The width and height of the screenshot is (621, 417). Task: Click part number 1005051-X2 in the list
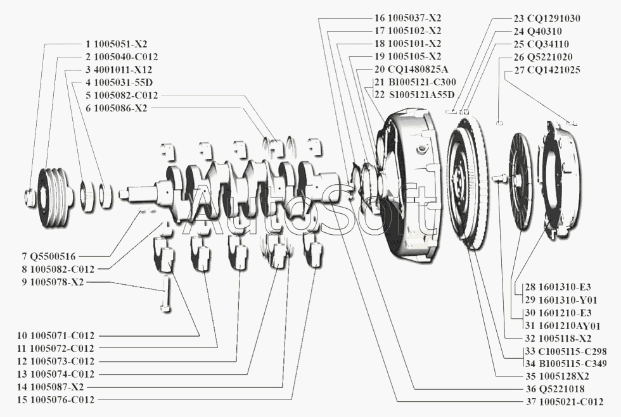(x=120, y=44)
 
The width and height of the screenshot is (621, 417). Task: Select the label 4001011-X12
(x=123, y=70)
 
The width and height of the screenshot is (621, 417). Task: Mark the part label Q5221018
(x=551, y=389)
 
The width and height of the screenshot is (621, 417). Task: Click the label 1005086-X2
(x=120, y=108)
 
